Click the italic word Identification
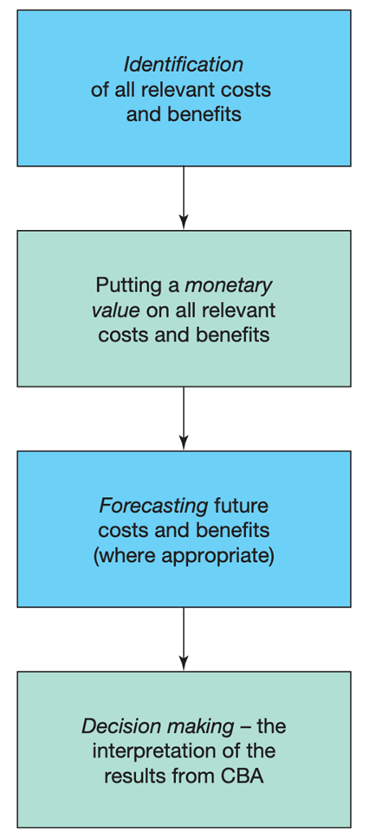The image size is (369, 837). coord(184,65)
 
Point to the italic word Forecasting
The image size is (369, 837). coord(153,506)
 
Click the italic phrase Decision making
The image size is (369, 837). coord(158,727)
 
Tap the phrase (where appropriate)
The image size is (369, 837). coord(184,557)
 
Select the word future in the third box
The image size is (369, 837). coord(241,506)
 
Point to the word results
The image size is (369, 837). coord(132,776)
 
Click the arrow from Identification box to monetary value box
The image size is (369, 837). coord(184,197)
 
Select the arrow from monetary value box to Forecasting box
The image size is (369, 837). coord(184,418)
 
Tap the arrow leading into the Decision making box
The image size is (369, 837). coord(184,638)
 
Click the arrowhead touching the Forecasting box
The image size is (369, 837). coord(184,443)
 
